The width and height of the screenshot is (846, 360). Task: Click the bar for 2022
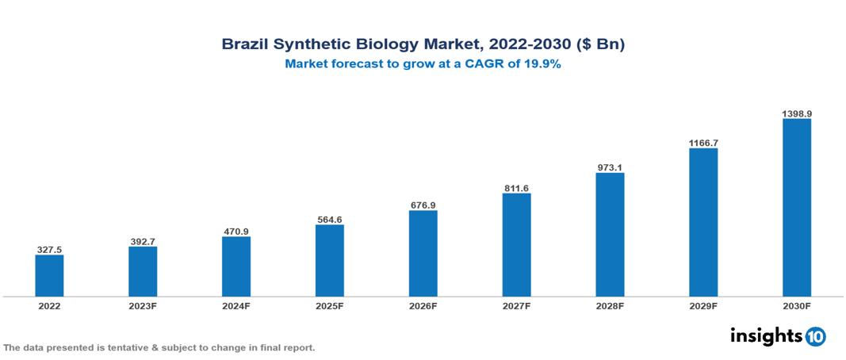(49, 275)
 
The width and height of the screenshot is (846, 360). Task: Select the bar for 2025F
(330, 260)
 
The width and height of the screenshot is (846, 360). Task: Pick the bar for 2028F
(610, 235)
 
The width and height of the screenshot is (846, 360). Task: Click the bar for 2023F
(143, 271)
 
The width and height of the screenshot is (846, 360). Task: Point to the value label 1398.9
(797, 113)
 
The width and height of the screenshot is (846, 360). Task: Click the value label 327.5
(49, 249)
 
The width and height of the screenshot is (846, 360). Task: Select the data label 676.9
(423, 205)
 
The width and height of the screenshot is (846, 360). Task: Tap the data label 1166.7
(703, 143)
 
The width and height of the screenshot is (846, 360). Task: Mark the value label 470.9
(236, 232)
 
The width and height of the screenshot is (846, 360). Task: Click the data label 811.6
(516, 188)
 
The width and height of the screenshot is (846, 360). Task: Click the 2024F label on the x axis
(236, 306)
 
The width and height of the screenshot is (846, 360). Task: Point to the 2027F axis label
(516, 306)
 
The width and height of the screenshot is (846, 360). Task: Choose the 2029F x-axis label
(703, 306)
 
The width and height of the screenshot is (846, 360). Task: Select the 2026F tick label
(423, 306)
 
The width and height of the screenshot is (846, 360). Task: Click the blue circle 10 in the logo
(816, 336)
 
